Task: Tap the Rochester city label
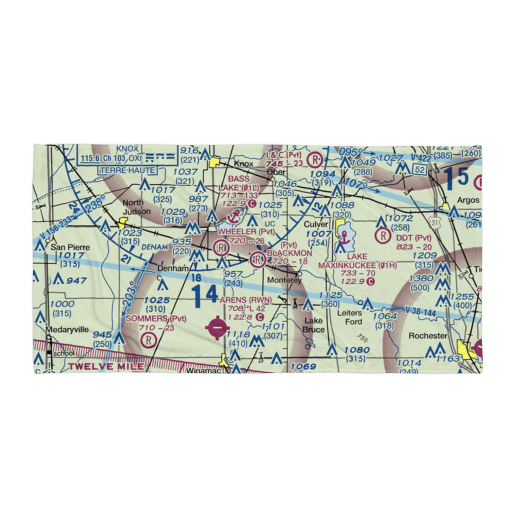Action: click(427, 335)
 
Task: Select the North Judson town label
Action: click(137, 206)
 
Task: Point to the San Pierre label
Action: click(70, 247)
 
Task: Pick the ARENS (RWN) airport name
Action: click(245, 300)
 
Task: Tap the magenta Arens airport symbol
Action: click(216, 327)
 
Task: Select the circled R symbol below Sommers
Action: click(149, 339)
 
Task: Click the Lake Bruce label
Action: click(313, 326)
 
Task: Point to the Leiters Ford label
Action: click(349, 317)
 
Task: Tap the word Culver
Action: click(316, 224)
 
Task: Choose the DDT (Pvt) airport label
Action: click(413, 238)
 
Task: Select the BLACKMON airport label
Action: click(289, 253)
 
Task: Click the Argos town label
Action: click(467, 200)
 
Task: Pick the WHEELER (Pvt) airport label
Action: click(246, 232)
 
